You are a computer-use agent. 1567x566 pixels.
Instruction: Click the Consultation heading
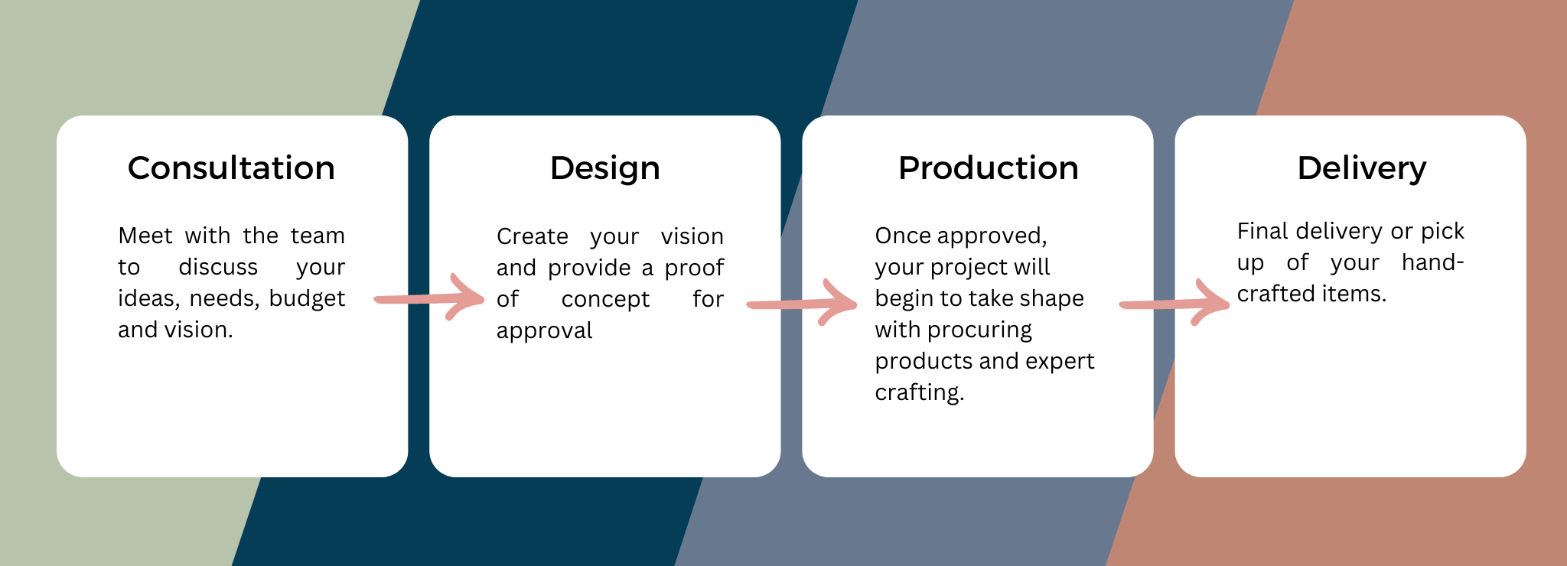click(x=231, y=168)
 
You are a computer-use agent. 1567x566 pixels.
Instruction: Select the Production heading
click(x=988, y=168)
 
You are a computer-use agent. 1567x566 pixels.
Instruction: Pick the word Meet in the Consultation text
click(x=145, y=236)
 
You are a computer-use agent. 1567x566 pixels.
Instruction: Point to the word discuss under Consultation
click(x=218, y=267)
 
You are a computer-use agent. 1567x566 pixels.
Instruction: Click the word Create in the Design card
click(x=533, y=236)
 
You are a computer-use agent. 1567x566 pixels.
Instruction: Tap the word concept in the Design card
click(x=605, y=300)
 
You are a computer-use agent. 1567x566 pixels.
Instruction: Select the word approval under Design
click(x=544, y=331)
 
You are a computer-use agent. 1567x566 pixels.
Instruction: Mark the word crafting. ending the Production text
click(x=920, y=392)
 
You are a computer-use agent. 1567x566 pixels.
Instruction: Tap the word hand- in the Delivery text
click(x=1433, y=262)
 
